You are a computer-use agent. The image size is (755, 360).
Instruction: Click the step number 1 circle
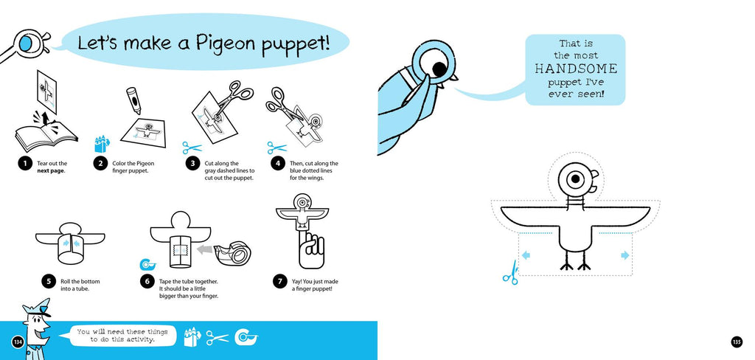tap(24, 164)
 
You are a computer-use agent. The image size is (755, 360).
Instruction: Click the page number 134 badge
tap(18, 342)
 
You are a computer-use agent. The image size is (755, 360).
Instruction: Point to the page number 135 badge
tap(737, 342)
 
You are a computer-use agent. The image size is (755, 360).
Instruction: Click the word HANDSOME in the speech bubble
tap(576, 69)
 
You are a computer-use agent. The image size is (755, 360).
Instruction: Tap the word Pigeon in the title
tap(226, 44)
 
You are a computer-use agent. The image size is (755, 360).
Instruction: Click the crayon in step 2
tap(133, 100)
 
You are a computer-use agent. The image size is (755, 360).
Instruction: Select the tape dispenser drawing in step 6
tap(234, 252)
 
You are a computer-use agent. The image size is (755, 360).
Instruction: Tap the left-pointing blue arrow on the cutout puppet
tap(526, 255)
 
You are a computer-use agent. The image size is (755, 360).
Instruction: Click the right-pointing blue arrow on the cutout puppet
tap(625, 255)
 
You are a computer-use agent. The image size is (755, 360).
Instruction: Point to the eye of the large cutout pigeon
tap(575, 180)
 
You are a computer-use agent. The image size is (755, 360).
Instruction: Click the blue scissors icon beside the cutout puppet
tap(510, 273)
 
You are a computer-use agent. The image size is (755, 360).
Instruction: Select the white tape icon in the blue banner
tap(246, 337)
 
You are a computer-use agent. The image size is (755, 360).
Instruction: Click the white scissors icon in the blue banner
tap(218, 338)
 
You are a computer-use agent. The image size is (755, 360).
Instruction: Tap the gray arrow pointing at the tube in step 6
tap(204, 249)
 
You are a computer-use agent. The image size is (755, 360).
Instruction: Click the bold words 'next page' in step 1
tap(51, 170)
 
